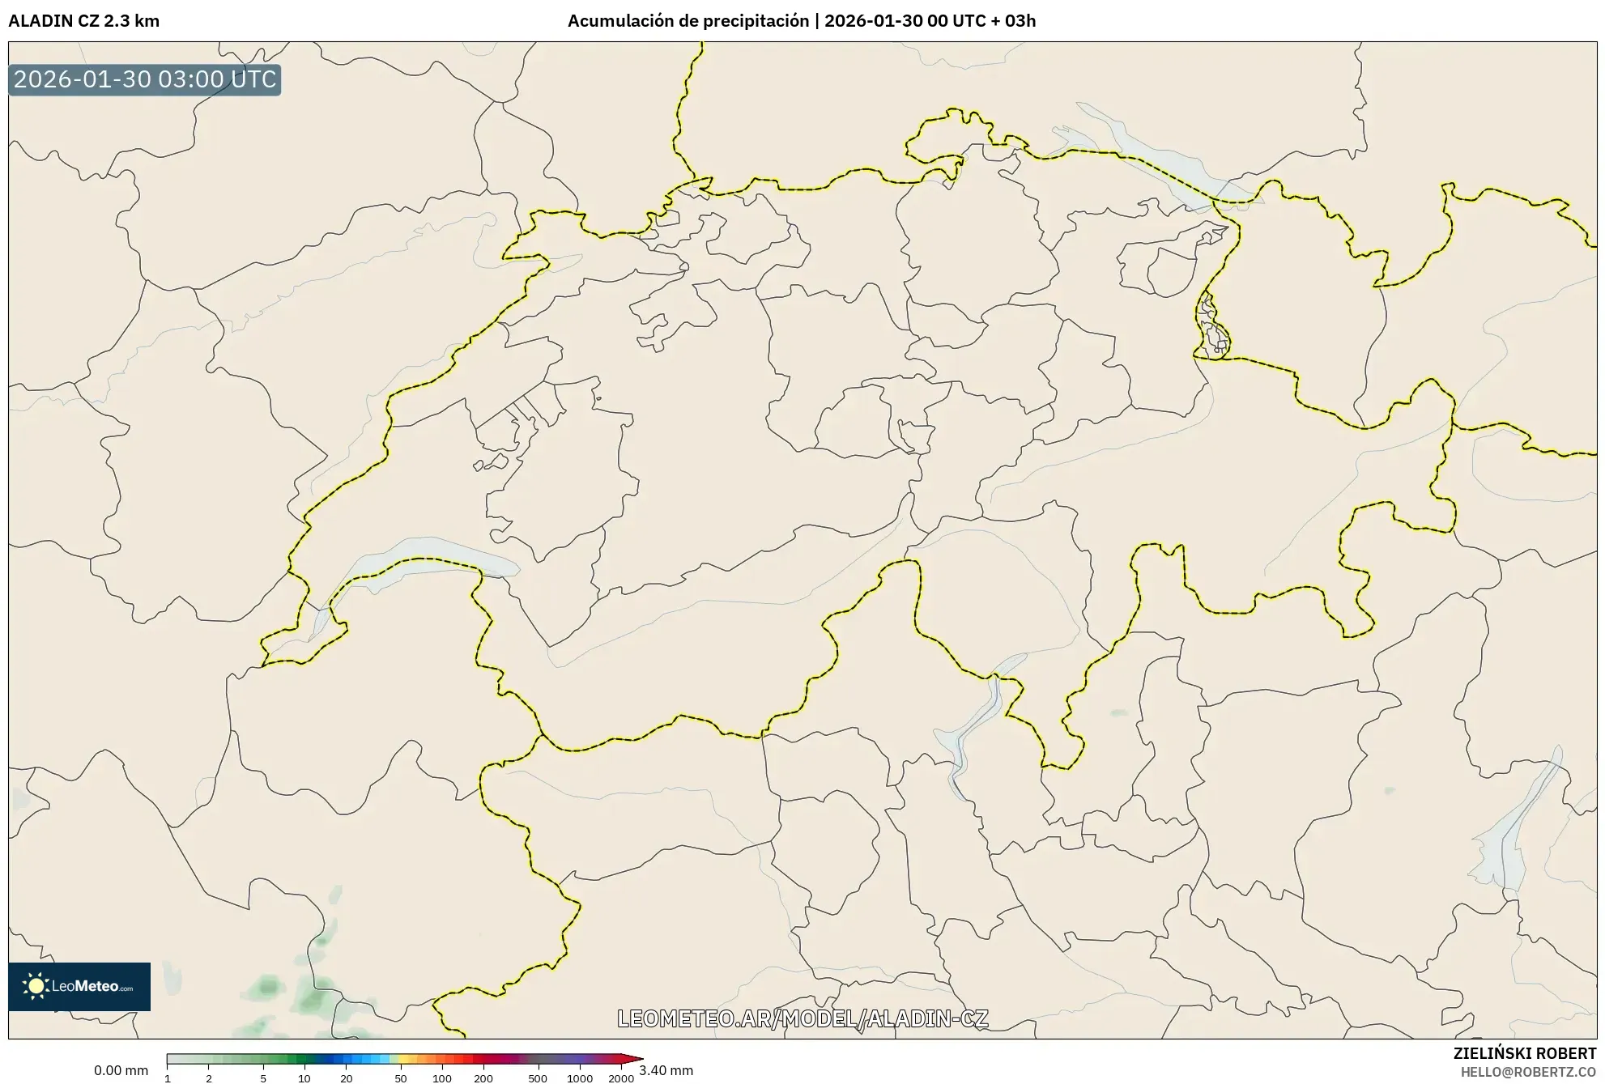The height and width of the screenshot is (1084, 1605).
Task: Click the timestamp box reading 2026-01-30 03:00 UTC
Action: pos(144,79)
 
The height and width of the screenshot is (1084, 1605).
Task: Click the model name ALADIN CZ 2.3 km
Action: pos(83,21)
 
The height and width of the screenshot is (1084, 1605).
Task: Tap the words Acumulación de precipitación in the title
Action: pos(688,21)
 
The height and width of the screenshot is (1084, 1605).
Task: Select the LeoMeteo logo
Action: pos(79,986)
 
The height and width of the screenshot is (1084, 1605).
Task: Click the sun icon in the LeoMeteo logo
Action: pos(36,986)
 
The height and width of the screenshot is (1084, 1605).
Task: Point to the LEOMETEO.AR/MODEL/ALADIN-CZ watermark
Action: pos(802,1018)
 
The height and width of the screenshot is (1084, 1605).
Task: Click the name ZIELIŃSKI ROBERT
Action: pos(1524,1053)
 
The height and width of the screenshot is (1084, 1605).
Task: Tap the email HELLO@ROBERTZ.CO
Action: pos(1527,1072)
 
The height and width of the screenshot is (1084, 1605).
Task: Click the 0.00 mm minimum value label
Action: pos(121,1070)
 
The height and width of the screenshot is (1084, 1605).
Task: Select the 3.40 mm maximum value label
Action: pos(666,1070)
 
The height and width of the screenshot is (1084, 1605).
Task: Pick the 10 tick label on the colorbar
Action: pos(304,1078)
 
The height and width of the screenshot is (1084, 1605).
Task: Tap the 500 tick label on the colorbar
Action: pos(538,1078)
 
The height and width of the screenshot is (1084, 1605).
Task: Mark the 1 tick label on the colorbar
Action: pos(168,1078)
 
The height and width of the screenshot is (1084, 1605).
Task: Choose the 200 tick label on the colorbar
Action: pos(483,1078)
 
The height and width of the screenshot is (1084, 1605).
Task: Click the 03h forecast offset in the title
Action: pos(1020,21)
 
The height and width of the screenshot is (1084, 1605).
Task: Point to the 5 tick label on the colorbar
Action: pos(263,1078)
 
